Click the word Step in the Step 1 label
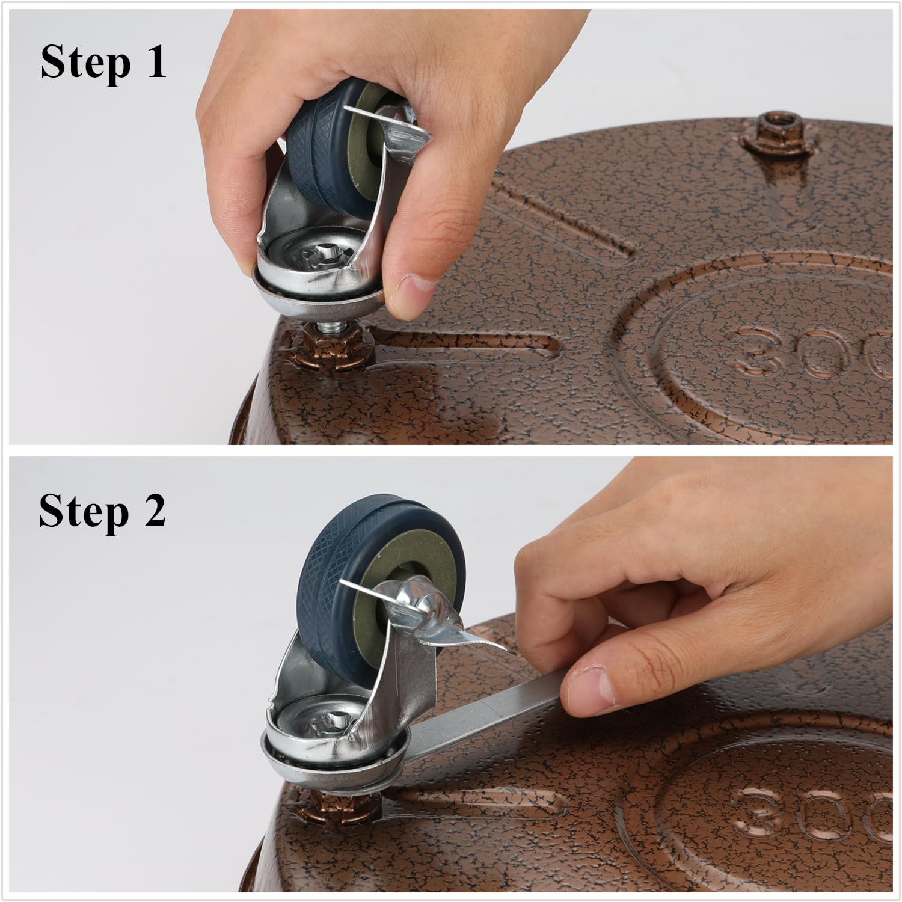coord(84,62)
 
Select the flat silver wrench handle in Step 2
coord(481,719)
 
